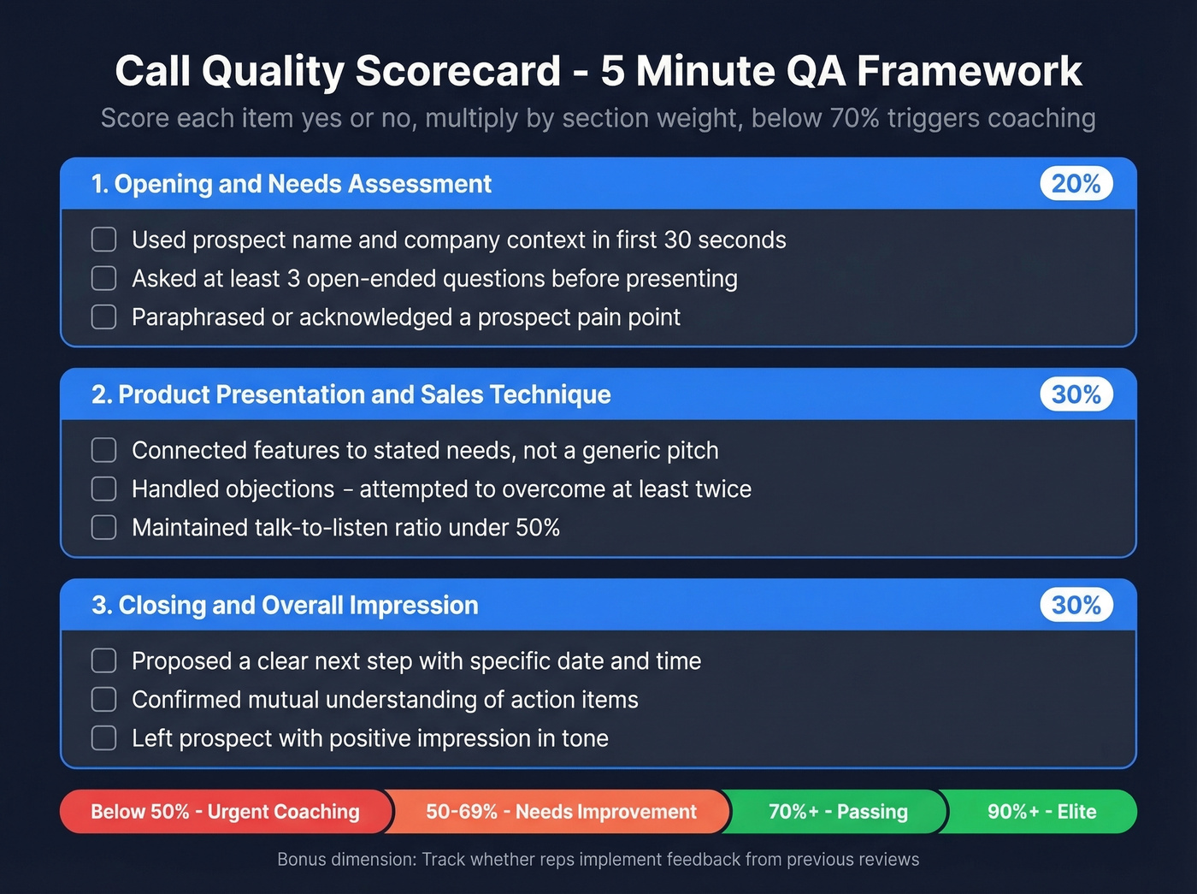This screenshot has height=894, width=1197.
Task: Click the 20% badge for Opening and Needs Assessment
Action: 1076,184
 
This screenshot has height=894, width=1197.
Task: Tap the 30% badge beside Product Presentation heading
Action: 1076,394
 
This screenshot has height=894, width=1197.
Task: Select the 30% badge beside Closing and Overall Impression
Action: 1076,605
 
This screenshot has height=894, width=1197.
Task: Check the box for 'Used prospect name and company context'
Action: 104,240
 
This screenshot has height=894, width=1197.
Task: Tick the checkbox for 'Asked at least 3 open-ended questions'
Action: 104,278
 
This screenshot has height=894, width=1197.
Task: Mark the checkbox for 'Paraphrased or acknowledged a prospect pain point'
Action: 104,317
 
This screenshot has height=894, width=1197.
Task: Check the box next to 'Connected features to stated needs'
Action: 104,450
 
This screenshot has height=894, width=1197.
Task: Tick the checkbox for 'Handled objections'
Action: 104,488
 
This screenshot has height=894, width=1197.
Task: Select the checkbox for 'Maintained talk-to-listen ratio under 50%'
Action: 104,527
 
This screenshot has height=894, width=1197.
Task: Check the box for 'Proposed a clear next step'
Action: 104,660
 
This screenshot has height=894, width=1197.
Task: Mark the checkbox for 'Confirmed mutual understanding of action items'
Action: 104,699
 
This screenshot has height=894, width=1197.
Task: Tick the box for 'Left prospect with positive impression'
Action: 104,737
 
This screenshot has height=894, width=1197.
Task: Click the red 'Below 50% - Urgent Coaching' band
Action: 225,812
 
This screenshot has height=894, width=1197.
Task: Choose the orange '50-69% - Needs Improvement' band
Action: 561,812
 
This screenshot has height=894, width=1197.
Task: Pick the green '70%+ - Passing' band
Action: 838,812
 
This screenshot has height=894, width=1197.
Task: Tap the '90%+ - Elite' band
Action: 1041,812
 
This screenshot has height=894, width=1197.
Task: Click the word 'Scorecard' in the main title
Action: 457,71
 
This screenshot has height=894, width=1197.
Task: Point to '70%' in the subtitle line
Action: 853,118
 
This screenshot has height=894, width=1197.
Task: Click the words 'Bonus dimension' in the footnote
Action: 345,860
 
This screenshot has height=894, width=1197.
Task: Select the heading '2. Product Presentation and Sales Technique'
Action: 351,394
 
